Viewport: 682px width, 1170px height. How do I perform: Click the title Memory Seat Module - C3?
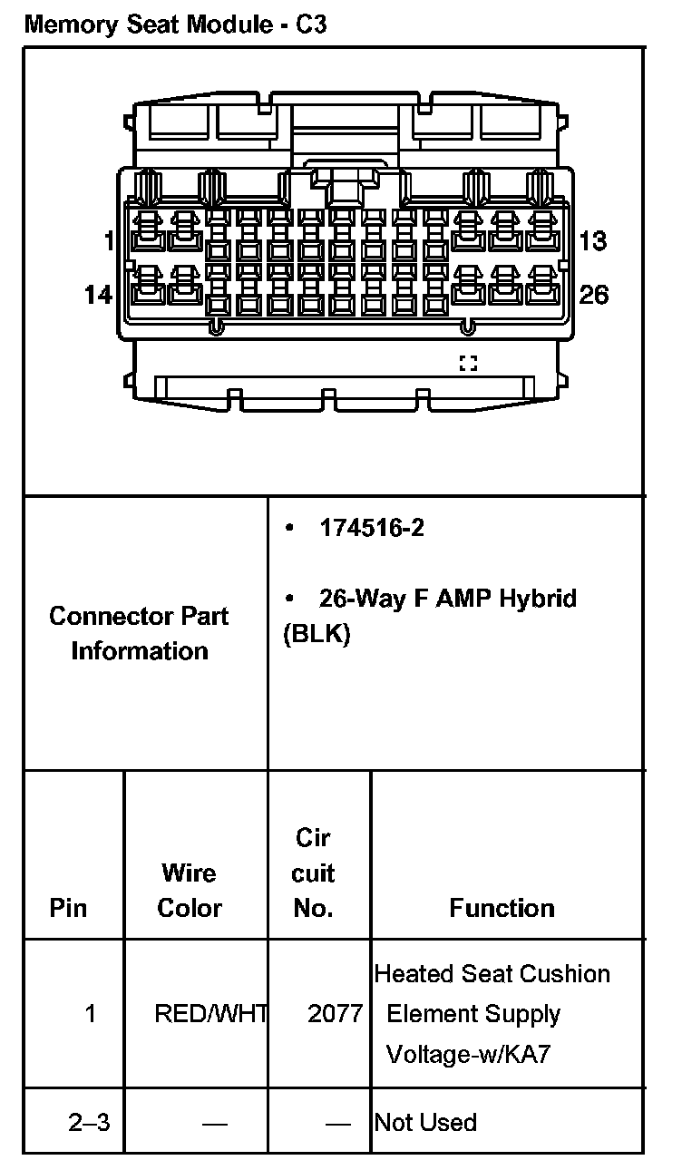pyautogui.click(x=176, y=24)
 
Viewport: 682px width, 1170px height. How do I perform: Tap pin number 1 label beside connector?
pyautogui.click(x=110, y=241)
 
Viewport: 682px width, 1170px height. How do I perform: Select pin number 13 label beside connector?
pyautogui.click(x=592, y=241)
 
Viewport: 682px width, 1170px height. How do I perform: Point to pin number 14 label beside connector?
pyautogui.click(x=98, y=295)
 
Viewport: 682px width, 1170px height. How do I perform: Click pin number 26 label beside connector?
pyautogui.click(x=594, y=295)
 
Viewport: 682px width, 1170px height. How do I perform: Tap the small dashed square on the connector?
pyautogui.click(x=468, y=364)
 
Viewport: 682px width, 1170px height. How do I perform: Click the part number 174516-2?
pyautogui.click(x=371, y=528)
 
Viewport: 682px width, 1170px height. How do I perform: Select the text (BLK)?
pyautogui.click(x=317, y=634)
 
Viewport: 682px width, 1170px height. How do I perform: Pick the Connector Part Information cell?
pyautogui.click(x=139, y=633)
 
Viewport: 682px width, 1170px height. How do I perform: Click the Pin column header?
pyautogui.click(x=69, y=908)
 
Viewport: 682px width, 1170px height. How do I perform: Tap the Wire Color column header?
pyautogui.click(x=189, y=890)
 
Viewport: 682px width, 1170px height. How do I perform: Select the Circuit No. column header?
pyautogui.click(x=314, y=873)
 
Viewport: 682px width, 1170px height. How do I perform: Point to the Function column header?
pyautogui.click(x=502, y=908)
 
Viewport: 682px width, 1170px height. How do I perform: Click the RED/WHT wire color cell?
pyautogui.click(x=209, y=1014)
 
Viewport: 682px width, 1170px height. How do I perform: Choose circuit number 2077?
pyautogui.click(x=335, y=1014)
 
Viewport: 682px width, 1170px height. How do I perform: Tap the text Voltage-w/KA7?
pyautogui.click(x=468, y=1055)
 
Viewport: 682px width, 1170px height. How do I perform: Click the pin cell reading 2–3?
pyautogui.click(x=89, y=1122)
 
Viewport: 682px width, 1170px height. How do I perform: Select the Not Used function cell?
pyautogui.click(x=425, y=1122)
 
